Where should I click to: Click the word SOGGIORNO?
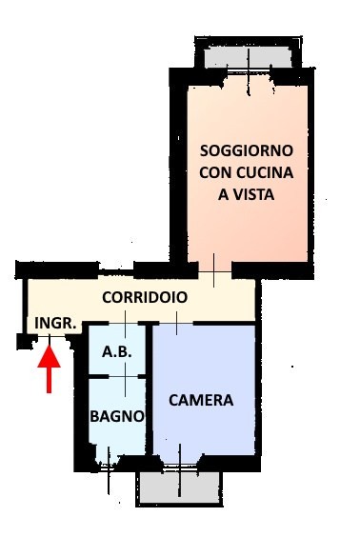[x=247, y=150]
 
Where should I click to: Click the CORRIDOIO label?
[x=145, y=297]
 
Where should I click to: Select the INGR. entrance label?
[x=56, y=324]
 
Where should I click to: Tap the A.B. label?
[x=117, y=351]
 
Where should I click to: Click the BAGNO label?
[x=117, y=416]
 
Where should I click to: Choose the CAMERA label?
[x=201, y=400]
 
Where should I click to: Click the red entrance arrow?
[x=49, y=368]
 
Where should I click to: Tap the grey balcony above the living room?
[x=249, y=57]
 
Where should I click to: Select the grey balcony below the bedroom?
[x=180, y=487]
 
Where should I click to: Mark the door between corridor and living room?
[x=214, y=271]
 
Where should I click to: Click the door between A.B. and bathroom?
[x=125, y=376]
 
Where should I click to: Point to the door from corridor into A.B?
[x=125, y=324]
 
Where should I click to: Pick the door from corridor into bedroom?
[x=176, y=324]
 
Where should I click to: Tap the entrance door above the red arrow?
[x=50, y=336]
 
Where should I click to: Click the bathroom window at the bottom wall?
[x=109, y=468]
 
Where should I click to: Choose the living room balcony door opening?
[x=249, y=72]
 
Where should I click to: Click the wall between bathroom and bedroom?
[x=150, y=389]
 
